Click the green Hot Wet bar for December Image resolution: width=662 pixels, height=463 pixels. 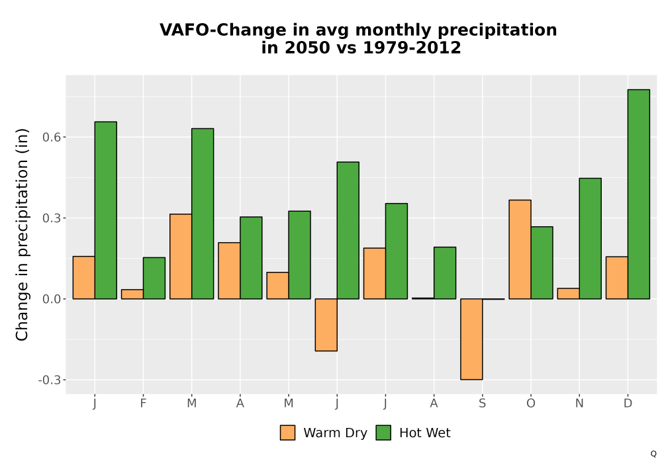click(638, 194)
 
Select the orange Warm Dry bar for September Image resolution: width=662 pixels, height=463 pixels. click(471, 339)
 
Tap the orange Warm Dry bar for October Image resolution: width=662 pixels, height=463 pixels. click(520, 249)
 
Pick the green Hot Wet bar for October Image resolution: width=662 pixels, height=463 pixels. click(542, 263)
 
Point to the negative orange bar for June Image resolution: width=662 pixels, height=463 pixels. click(326, 325)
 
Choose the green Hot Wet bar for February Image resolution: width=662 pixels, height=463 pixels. click(154, 278)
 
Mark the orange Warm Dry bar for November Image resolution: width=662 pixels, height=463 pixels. click(568, 294)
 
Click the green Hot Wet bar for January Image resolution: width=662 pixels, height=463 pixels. click(105, 210)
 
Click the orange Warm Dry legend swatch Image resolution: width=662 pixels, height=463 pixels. click(287, 433)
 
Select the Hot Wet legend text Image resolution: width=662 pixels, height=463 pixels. click(425, 433)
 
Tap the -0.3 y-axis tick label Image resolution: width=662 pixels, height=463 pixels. click(50, 380)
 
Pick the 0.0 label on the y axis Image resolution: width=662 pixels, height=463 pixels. click(52, 300)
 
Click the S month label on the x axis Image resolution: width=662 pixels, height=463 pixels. click(482, 403)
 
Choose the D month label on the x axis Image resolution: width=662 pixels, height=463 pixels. click(628, 403)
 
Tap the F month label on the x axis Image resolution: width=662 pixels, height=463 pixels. click(143, 403)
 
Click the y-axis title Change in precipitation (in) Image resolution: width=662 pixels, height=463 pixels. click(22, 234)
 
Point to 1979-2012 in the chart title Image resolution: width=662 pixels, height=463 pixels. click(412, 47)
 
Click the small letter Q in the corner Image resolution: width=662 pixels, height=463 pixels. click(653, 454)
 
